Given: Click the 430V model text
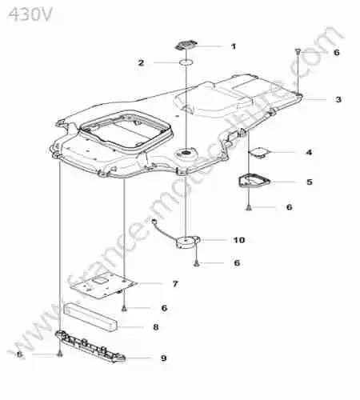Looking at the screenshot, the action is [30, 14].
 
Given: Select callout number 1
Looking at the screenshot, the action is [234, 46].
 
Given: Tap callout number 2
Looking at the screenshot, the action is [141, 63].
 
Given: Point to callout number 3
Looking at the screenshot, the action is [338, 99].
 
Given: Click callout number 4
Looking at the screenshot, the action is [309, 153].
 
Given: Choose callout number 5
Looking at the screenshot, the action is [310, 182].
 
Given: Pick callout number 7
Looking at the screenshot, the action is [175, 284].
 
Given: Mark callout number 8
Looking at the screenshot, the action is [156, 327].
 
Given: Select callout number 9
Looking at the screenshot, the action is [164, 358].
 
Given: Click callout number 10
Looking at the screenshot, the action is [239, 240].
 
